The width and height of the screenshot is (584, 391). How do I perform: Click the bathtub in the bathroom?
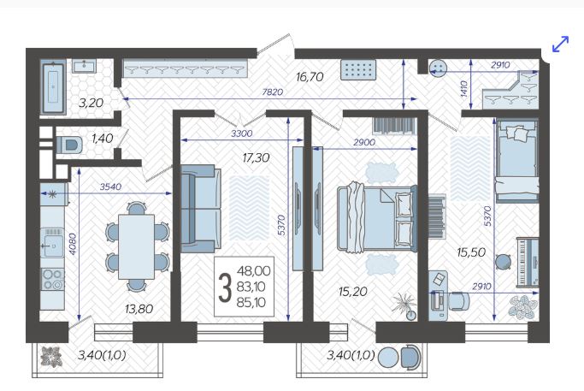[x=53, y=88]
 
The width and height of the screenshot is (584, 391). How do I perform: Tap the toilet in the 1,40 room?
[x=69, y=145]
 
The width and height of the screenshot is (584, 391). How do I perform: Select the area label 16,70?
[x=310, y=77]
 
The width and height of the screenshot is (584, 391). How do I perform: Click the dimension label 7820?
[x=272, y=92]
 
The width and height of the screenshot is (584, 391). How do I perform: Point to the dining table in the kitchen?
[x=136, y=246]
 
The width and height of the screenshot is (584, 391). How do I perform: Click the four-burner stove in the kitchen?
[x=52, y=279]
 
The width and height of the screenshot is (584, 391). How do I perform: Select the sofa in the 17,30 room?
[x=201, y=209]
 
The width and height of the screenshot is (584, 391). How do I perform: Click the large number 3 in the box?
[x=224, y=287]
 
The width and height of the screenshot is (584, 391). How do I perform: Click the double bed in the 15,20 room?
[x=377, y=217]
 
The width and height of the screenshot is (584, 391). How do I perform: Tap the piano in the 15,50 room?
[x=528, y=263]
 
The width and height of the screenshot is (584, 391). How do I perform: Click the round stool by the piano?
[x=503, y=261]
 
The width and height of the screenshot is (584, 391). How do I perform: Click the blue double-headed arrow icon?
[x=561, y=44]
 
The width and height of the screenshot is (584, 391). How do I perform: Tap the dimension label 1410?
[x=463, y=89]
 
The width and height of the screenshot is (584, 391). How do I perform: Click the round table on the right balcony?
[x=388, y=357]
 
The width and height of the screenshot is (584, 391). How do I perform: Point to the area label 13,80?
[x=139, y=309]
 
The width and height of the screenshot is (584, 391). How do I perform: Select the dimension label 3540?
[x=110, y=187]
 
